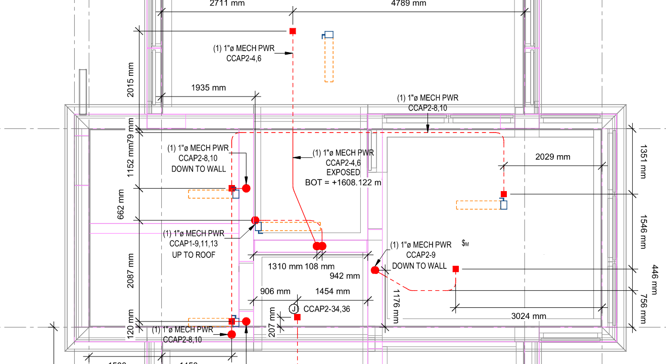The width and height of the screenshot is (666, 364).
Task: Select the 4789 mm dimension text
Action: click(x=409, y=4)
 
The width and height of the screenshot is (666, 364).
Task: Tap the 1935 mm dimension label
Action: click(x=208, y=88)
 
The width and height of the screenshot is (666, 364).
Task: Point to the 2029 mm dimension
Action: click(x=553, y=157)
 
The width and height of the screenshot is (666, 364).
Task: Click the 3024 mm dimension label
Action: click(x=529, y=316)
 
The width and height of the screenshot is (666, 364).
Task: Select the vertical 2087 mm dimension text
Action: click(x=131, y=271)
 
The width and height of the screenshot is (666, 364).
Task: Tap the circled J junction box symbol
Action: click(x=294, y=308)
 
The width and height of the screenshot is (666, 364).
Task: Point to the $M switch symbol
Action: click(x=465, y=244)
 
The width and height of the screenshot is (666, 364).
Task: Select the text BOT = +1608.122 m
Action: click(x=343, y=182)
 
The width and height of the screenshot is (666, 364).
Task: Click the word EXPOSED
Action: click(x=343, y=172)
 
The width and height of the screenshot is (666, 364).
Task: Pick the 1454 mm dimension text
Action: click(x=332, y=291)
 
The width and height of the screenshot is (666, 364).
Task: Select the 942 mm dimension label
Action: click(x=345, y=276)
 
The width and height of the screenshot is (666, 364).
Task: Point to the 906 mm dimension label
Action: click(x=275, y=291)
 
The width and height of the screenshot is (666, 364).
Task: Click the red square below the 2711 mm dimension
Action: click(x=293, y=31)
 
